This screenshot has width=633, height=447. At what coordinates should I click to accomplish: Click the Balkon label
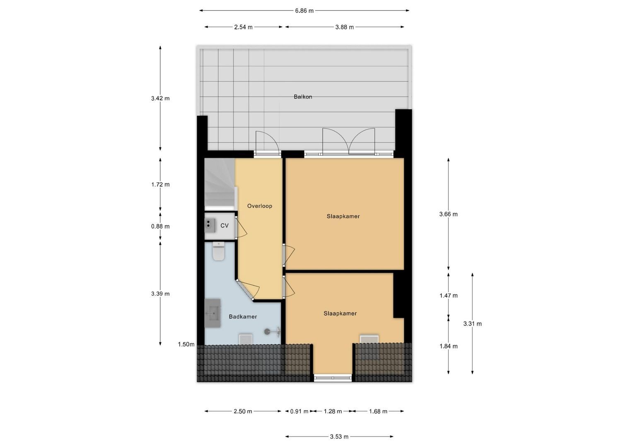pyautogui.click(x=303, y=97)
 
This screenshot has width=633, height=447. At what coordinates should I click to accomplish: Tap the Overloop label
pyautogui.click(x=259, y=206)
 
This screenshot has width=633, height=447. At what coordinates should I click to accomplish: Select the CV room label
pyautogui.click(x=225, y=226)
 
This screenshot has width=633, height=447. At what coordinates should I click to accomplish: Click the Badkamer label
pyautogui.click(x=243, y=317)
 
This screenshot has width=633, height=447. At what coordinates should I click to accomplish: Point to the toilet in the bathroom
pyautogui.click(x=218, y=252)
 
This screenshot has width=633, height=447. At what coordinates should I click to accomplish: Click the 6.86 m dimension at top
pyautogui.click(x=304, y=11)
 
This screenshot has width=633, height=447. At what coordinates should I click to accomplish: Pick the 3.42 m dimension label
pyautogui.click(x=160, y=99)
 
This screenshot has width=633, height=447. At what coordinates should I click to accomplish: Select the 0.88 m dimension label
pyautogui.click(x=160, y=226)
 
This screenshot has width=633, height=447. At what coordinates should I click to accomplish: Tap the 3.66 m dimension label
pyautogui.click(x=448, y=214)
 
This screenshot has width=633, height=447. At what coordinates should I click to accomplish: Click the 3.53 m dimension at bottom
pyautogui.click(x=339, y=436)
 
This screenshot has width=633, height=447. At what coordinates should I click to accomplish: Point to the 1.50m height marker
pyautogui.click(x=186, y=344)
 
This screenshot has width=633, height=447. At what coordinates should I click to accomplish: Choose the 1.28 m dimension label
pyautogui.click(x=333, y=411)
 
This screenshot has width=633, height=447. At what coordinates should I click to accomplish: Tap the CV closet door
pyautogui.click(x=240, y=227)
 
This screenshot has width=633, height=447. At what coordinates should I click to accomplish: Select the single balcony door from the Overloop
pyautogui.click(x=267, y=144)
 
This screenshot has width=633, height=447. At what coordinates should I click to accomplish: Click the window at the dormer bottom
pyautogui.click(x=333, y=377)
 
